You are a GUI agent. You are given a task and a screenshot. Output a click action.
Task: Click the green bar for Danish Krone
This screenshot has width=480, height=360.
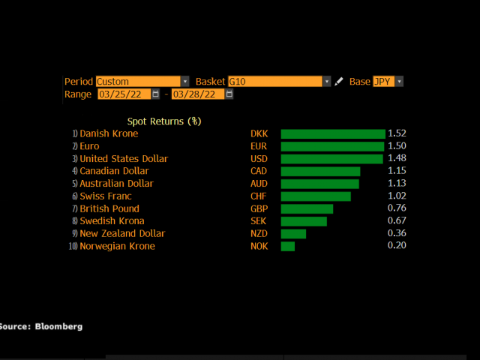pos(333,133)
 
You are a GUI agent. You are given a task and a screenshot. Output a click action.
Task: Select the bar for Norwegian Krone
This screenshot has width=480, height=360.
pos(288,246)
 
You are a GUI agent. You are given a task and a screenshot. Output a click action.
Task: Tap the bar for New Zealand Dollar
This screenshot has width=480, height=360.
pos(293,234)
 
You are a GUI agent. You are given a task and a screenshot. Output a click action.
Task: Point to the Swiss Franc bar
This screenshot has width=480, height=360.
pos(316,196)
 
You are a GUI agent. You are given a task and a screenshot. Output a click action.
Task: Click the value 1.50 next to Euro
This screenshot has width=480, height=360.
pos(397,146)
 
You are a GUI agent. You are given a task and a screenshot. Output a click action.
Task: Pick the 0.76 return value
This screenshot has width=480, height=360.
pos(397,208)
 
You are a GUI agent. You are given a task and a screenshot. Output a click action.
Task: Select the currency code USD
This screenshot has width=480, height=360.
pos(259,159)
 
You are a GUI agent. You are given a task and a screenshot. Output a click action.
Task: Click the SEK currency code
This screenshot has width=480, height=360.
pos(259,221)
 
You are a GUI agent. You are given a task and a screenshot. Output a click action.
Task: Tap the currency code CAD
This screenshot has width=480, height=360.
pos(259,171)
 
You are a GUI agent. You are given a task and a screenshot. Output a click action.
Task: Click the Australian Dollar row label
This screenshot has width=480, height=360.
pos(116,184)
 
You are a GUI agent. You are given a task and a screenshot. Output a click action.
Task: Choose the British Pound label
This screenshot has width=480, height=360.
pos(109,208)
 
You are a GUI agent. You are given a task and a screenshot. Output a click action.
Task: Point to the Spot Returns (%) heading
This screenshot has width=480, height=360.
pos(164,121)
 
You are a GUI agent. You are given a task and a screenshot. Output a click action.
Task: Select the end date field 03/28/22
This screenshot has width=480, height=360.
pos(197,94)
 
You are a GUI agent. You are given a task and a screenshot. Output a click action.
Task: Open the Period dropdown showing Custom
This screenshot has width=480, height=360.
pos(142,82)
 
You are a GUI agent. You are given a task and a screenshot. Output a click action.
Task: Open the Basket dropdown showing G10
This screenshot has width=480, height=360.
pos(279,82)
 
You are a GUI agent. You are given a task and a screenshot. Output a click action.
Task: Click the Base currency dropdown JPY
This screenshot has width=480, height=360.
pos(388,82)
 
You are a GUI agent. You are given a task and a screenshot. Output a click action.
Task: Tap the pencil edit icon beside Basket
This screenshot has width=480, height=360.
pos(339,82)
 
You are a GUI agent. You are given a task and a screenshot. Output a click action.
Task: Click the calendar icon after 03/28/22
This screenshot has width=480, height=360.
pos(229,94)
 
